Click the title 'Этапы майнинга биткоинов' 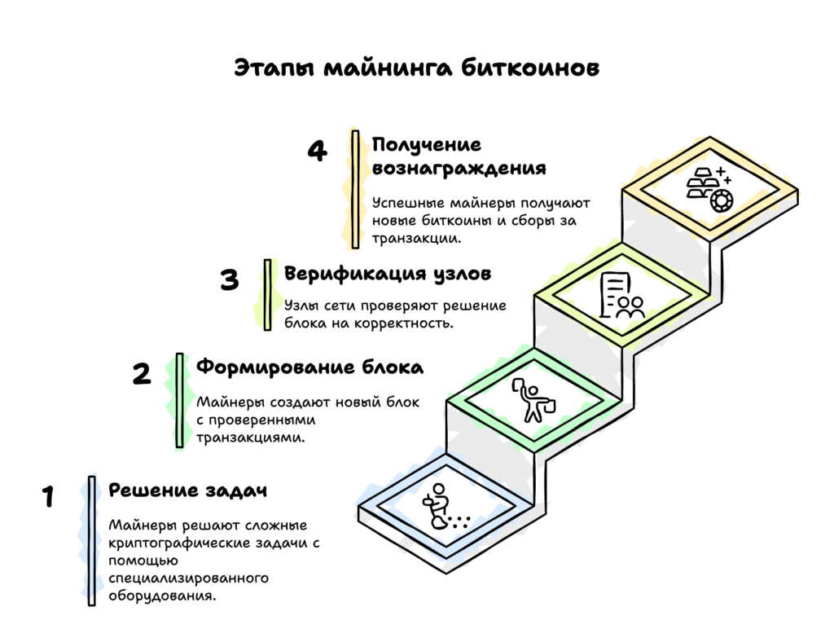pos(416,68)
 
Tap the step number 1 pos(48,496)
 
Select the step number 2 pos(141,373)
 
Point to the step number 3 pos(230,279)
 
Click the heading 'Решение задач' pos(188,490)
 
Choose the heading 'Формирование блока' pos(309,367)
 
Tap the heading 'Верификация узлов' pos(388,274)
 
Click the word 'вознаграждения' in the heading pos(459,169)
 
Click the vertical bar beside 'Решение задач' pos(92,540)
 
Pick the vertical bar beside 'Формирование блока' pos(179,400)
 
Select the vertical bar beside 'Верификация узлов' pos(267,294)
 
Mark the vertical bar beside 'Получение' pos(355,189)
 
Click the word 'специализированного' pos(189,578)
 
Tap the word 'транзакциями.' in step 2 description pos(251,438)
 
